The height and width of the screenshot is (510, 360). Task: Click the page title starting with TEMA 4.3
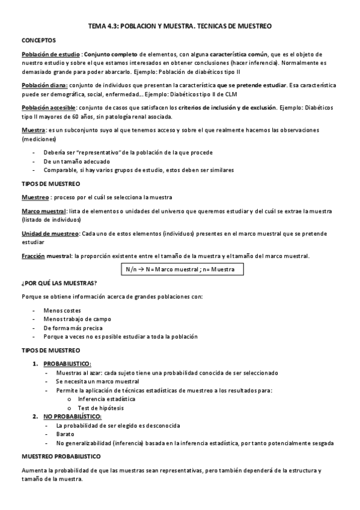pyautogui.click(x=180, y=26)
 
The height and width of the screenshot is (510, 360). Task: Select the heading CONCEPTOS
pyautogui.click(x=39, y=40)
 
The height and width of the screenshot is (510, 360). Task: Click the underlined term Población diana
pyautogui.click(x=44, y=85)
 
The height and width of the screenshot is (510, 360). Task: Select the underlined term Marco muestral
pyautogui.click(x=44, y=211)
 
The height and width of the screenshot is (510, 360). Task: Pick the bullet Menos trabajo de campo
pyautogui.click(x=77, y=319)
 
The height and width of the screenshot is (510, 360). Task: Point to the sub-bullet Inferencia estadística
pyautogui.click(x=106, y=399)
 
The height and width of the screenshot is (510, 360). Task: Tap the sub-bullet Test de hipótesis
pyautogui.click(x=100, y=408)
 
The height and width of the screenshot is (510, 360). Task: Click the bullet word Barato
pyautogui.click(x=65, y=434)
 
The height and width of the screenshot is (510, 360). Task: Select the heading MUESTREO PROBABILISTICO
pyautogui.click(x=61, y=456)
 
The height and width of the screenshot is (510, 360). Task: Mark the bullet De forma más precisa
pyautogui.click(x=73, y=328)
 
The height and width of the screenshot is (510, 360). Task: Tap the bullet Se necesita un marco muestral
pyautogui.click(x=97, y=381)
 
